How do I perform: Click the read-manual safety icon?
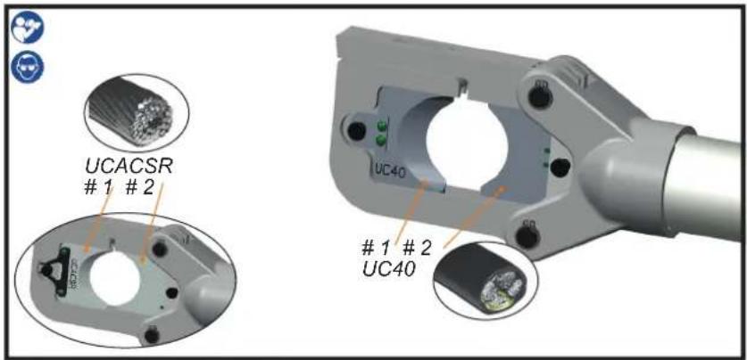pos(27,27)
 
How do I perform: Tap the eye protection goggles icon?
pos(27,66)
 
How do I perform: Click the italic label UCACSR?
pos(129,166)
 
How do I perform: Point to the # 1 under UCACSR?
pos(99,187)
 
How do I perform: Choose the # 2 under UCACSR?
pos(139,187)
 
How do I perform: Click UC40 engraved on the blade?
pos(390,172)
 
